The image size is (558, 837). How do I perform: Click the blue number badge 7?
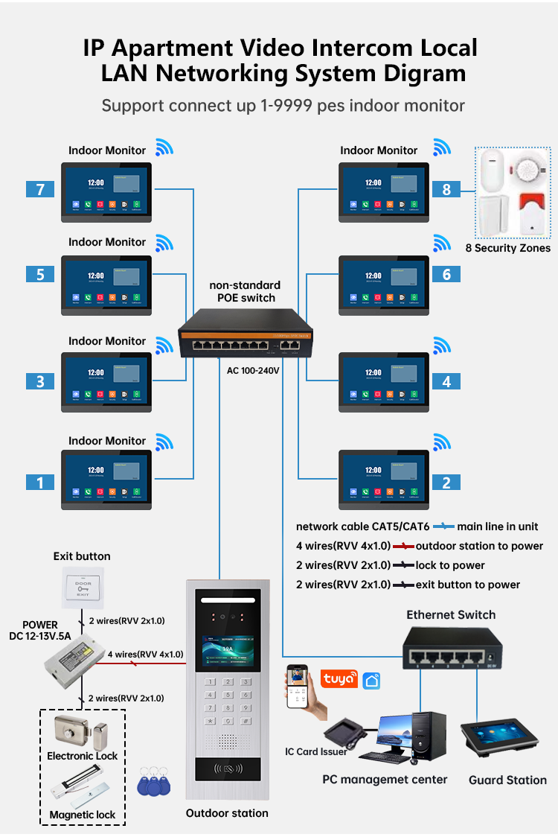pos(40,189)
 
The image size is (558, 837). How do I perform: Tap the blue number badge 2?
pos(446,483)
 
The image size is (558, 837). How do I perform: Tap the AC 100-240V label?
pos(253,369)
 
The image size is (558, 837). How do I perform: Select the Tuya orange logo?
pos(339,678)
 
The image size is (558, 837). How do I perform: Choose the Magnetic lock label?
pos(83,815)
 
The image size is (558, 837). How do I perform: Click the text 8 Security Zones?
pos(508,248)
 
